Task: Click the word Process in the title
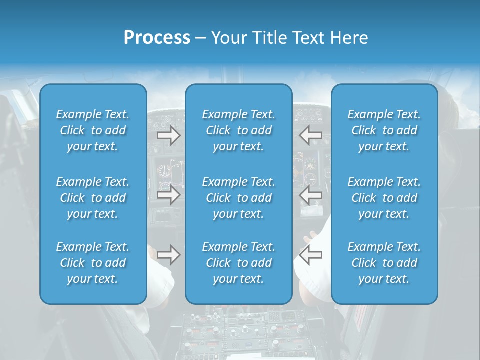tap(157, 38)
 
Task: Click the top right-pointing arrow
tap(169, 135)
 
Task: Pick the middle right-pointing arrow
tap(169, 195)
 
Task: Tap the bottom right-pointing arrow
tap(169, 255)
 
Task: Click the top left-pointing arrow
tap(310, 135)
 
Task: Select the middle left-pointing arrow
tap(310, 195)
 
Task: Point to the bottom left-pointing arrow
tap(310, 255)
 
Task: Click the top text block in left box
tap(93, 130)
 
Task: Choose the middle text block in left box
tap(93, 198)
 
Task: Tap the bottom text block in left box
tap(93, 263)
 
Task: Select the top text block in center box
tap(239, 130)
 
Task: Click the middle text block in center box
tap(239, 198)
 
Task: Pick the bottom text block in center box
tap(239, 263)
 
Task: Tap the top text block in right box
tap(384, 130)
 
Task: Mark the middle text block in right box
tap(384, 198)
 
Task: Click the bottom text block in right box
tap(384, 263)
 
